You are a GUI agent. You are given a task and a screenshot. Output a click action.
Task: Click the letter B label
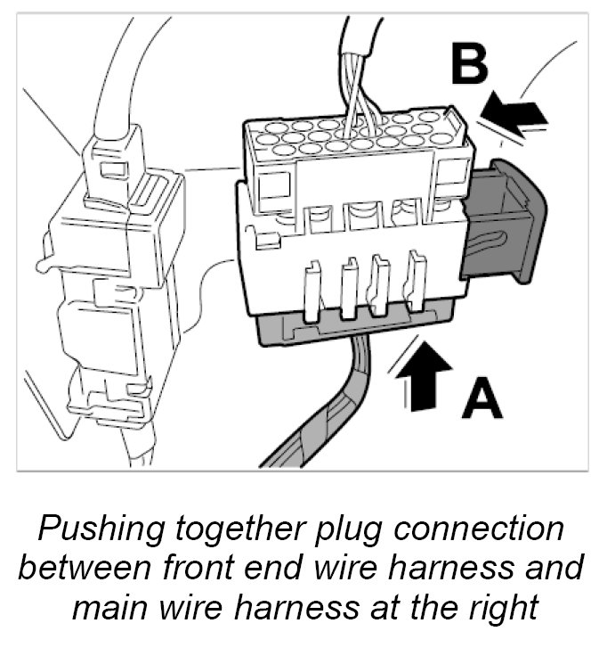click(468, 65)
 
